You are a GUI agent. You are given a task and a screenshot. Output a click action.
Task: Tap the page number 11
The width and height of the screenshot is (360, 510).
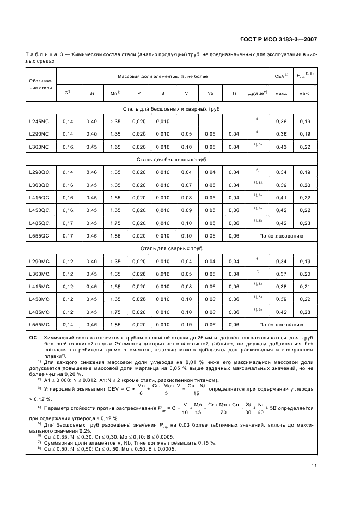tap(314, 465)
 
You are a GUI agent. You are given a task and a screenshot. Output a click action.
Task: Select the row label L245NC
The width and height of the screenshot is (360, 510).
tap(39, 121)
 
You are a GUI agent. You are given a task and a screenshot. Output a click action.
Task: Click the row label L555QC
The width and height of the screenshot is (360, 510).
tap(39, 235)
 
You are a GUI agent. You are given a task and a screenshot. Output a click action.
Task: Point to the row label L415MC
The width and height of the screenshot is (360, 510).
tap(39, 286)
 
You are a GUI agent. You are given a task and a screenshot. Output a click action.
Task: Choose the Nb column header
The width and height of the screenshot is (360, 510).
tap(210, 93)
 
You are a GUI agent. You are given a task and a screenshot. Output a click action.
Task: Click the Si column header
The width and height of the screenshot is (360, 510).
tap(91, 93)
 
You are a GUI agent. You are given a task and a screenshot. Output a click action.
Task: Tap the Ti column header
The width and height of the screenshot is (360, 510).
tap(234, 93)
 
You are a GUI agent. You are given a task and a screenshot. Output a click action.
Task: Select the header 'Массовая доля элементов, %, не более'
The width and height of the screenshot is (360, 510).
tap(162, 76)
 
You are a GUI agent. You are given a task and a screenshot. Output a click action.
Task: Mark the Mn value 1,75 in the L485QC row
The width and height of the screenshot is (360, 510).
tap(115, 223)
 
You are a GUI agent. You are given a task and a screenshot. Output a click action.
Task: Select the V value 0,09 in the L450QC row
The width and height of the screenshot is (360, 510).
tap(186, 210)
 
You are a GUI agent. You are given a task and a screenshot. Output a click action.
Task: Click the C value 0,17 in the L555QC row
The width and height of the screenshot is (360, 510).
tap(68, 235)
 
